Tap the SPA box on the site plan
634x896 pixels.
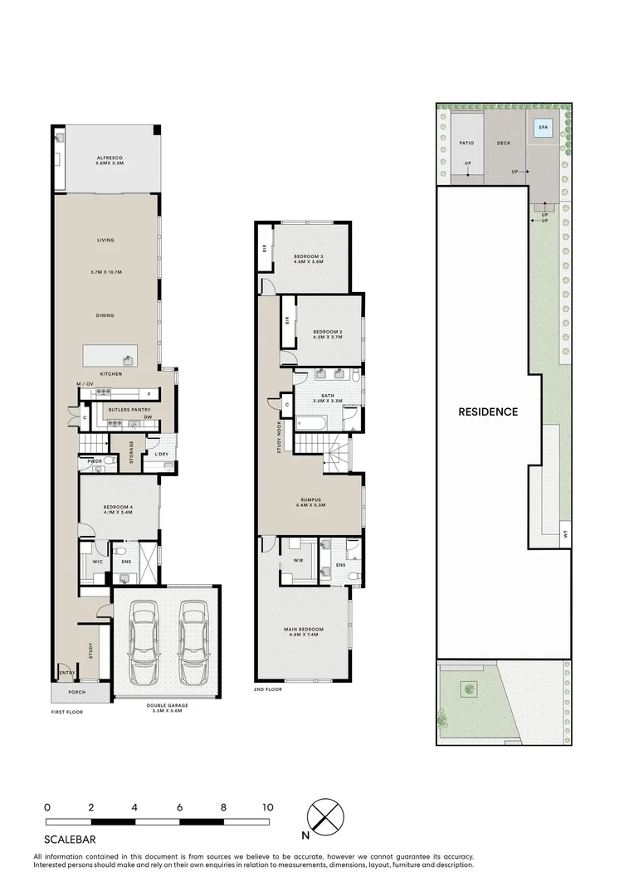pos(544,128)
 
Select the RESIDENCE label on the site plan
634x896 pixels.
pos(487,411)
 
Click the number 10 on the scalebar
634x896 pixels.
pos(267,806)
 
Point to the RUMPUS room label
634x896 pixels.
pos(310,501)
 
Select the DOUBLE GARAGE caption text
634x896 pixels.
pos(167,707)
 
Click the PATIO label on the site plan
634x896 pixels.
pos(466,143)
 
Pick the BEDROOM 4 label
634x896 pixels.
pos(117,509)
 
